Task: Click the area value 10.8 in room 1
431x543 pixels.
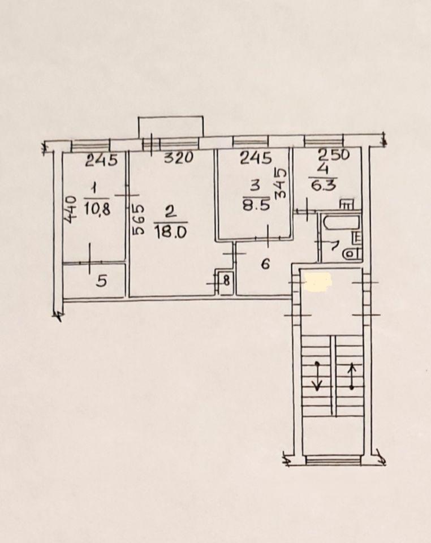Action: click(x=97, y=209)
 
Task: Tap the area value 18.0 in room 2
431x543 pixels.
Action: click(x=171, y=231)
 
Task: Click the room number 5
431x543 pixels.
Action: click(x=101, y=281)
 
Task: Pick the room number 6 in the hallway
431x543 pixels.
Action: click(x=265, y=265)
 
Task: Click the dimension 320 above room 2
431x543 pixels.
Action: click(x=178, y=158)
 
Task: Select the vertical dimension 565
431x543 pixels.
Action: click(x=138, y=220)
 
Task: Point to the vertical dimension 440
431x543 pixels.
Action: click(x=71, y=209)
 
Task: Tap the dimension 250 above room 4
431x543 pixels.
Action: click(x=334, y=155)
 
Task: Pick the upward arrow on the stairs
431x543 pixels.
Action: click(x=352, y=376)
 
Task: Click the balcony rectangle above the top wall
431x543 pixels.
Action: click(x=171, y=127)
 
